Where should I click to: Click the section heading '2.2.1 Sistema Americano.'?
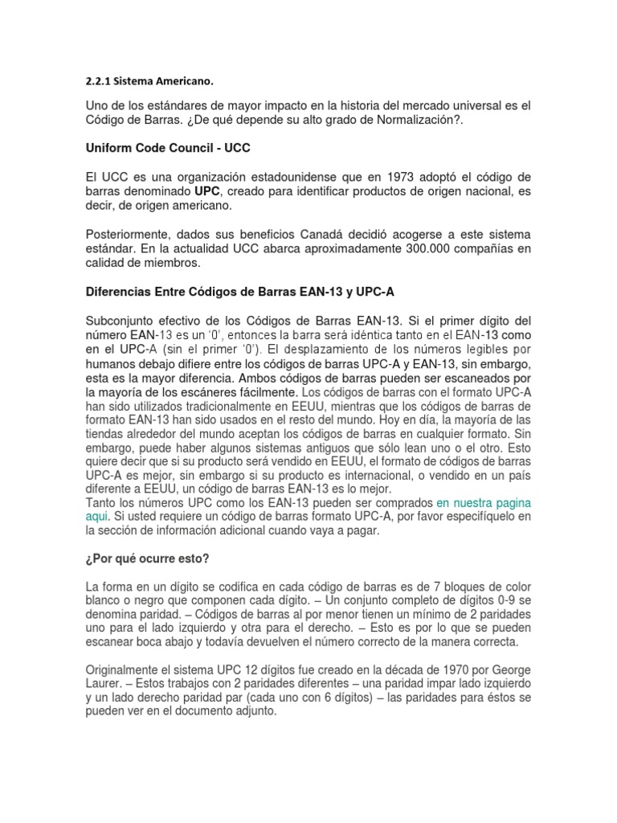[150, 80]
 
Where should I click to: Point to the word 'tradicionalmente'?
[243, 407]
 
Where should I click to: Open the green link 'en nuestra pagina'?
[484, 503]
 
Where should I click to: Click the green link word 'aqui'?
[96, 518]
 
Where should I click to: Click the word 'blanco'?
[105, 600]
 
